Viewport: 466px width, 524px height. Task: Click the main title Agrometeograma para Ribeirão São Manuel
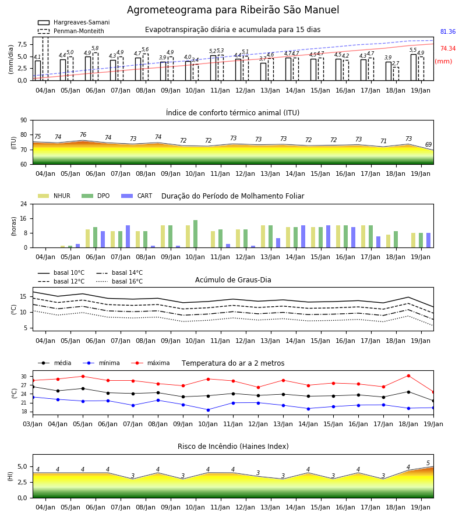coord(233,10)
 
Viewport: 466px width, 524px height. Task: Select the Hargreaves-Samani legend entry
coord(73,22)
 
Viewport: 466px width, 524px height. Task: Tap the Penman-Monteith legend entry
coord(71,31)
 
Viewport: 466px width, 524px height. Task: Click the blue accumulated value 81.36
coord(448,32)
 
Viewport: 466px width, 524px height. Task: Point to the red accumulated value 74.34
coord(448,48)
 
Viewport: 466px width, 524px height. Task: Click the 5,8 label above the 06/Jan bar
coord(95,48)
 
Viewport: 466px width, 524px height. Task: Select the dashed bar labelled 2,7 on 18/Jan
coord(396,74)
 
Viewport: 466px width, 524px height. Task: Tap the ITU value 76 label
coord(83,134)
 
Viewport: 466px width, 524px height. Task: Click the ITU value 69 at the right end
coord(429,144)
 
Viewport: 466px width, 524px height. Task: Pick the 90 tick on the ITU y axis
coord(24,121)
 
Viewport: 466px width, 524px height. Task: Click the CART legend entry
coord(136,196)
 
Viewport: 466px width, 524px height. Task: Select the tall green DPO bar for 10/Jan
coord(196,234)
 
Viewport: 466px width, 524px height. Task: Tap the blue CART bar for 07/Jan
coord(128,236)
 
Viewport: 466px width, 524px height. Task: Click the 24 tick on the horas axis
coord(24,204)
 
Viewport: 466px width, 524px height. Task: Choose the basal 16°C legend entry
coord(119,281)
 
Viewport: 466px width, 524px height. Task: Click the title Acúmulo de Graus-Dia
coord(233,280)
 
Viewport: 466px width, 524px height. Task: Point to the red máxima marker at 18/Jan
coord(408,376)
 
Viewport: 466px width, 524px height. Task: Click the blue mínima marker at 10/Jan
coord(209,410)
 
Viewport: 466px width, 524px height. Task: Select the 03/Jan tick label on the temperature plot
coord(33,424)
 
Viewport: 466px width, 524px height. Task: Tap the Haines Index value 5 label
coord(428,463)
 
